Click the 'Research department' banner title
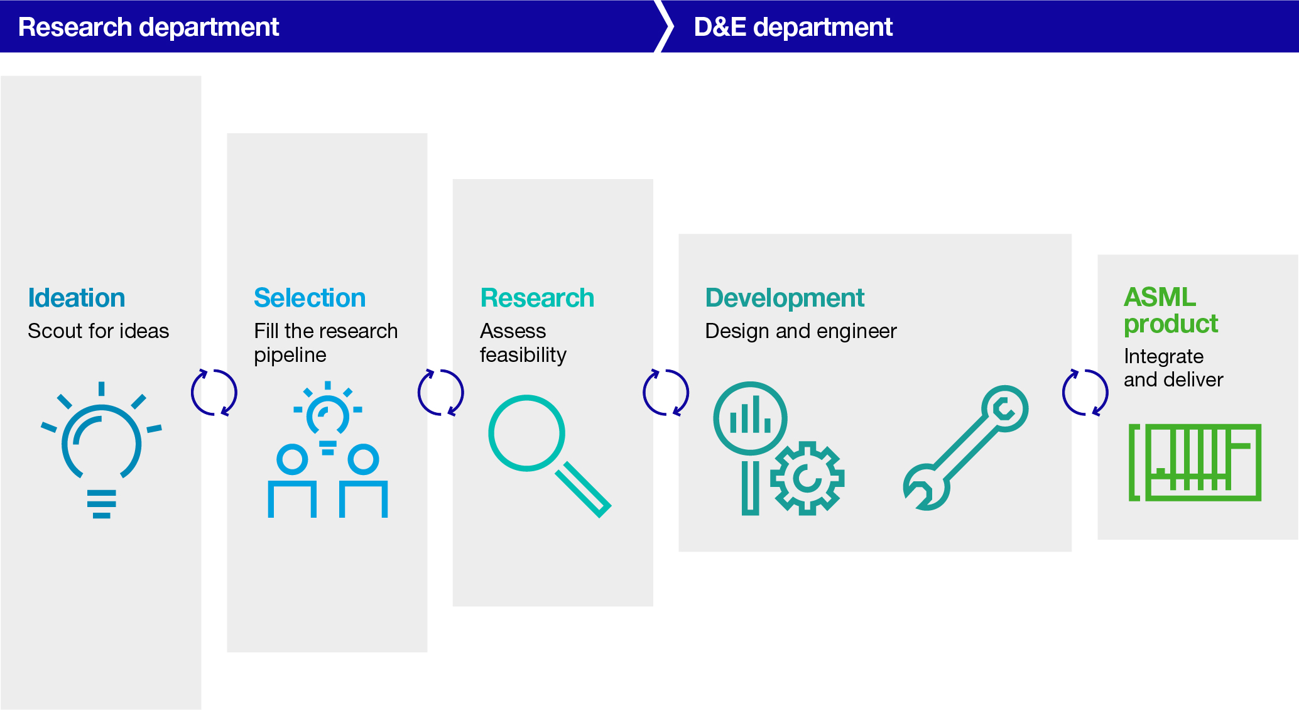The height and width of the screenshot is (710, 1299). pos(148,27)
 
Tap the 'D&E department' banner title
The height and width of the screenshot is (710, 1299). pos(793,27)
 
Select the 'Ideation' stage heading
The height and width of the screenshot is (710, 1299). pos(77,298)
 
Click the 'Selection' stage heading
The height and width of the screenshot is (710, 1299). pos(310,298)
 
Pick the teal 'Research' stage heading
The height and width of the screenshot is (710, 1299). pos(537,298)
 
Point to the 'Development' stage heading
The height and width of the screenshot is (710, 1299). pos(785,298)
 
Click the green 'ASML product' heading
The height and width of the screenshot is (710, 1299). pos(1170,310)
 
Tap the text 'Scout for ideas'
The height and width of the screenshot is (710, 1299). pos(99,331)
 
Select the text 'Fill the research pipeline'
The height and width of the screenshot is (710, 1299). pos(325,342)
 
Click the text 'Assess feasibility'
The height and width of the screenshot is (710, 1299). pos(523,342)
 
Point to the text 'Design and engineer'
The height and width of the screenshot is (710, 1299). pos(801,331)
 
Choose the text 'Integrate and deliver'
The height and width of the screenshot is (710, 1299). pos(1173,368)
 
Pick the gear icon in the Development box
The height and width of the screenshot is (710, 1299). pos(807,478)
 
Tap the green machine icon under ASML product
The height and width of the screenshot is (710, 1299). pos(1195,462)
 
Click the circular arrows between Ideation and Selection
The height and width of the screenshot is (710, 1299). pos(214,393)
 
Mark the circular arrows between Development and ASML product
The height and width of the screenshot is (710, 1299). pos(1085,393)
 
